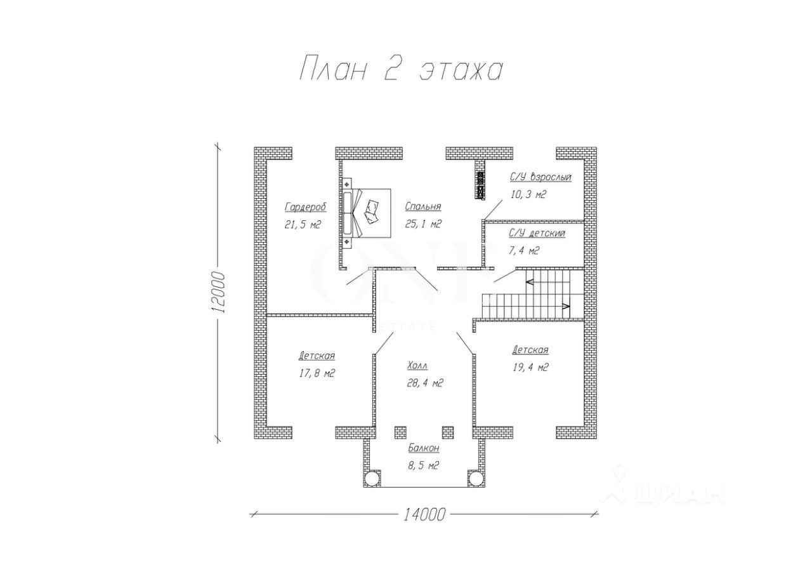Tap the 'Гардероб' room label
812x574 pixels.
tap(306, 207)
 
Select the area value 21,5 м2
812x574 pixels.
tap(303, 225)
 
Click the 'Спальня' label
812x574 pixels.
tap(423, 206)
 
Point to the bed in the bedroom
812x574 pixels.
tap(367, 213)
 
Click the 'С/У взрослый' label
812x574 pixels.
tap(540, 177)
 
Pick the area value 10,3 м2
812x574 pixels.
tap(528, 195)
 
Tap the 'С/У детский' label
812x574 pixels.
tap(537, 233)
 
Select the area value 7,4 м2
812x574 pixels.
tap(524, 251)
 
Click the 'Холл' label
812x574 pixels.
tap(417, 365)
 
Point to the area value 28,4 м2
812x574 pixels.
tap(425, 383)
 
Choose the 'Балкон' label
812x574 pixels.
tap(424, 448)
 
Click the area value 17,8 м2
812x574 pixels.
tap(317, 373)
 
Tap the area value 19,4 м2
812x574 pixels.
tap(530, 368)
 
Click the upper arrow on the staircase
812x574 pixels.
tap(529, 281)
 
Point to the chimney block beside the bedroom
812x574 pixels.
tap(481, 185)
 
